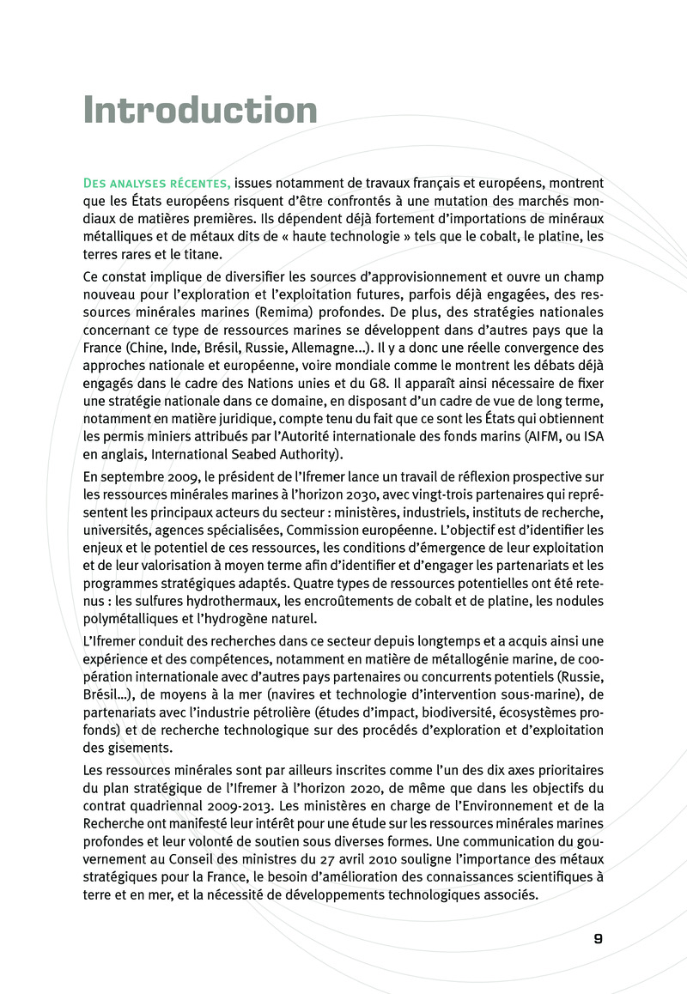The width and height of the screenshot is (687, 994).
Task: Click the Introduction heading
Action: [200, 111]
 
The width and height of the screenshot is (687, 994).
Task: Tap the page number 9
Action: [598, 938]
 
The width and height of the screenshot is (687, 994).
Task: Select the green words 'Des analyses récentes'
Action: [155, 183]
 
